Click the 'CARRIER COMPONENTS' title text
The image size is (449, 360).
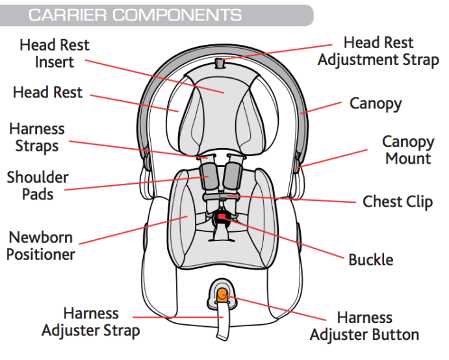coord(135,15)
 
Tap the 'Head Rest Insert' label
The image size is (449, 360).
coord(55,54)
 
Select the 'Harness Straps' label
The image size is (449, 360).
coord(36,136)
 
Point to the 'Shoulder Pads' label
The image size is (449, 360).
coord(38,185)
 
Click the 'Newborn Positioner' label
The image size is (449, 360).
coord(40,246)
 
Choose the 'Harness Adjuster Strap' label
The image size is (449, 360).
coord(91,322)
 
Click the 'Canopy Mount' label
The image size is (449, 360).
coord(407,150)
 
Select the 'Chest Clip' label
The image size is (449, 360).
coord(398,201)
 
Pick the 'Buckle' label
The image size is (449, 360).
coord(371,260)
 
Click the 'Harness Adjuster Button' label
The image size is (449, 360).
coord(365,326)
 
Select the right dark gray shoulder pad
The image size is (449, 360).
coord(233,174)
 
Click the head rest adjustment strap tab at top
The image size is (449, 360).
coord(219,64)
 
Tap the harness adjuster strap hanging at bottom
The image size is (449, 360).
coord(221,325)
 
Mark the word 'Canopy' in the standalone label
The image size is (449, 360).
coord(376,103)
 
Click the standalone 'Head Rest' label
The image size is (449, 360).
coord(48,93)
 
